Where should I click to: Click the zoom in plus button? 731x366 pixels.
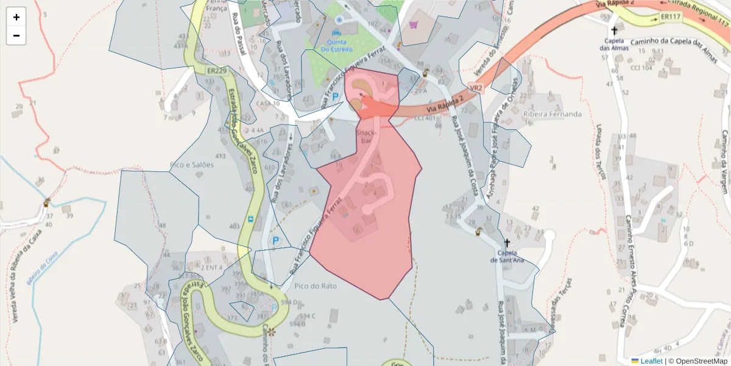[16, 17]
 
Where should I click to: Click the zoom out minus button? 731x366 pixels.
[16, 35]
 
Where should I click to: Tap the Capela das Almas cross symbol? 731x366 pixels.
[614, 30]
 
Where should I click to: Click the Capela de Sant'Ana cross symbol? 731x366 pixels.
[507, 242]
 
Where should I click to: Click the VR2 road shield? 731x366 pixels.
[476, 88]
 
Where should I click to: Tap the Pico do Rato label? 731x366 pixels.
[315, 285]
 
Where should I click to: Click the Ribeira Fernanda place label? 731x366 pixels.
[552, 114]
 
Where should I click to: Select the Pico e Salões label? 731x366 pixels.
[192, 165]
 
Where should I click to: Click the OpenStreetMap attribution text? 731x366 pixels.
[698, 361]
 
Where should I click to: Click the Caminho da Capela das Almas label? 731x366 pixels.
[667, 41]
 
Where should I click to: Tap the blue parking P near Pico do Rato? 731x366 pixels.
[275, 241]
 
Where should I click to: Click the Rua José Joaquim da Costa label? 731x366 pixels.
[464, 156]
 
